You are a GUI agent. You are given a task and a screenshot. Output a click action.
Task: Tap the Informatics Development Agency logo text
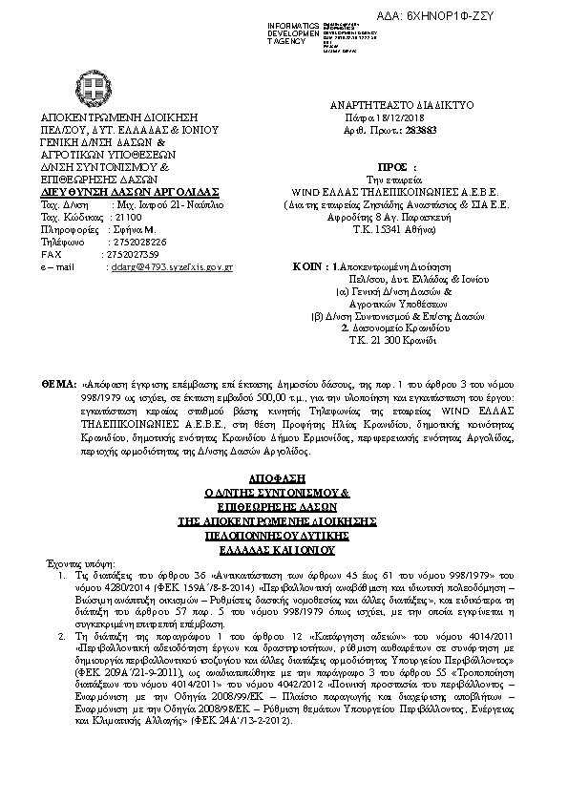(292, 32)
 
